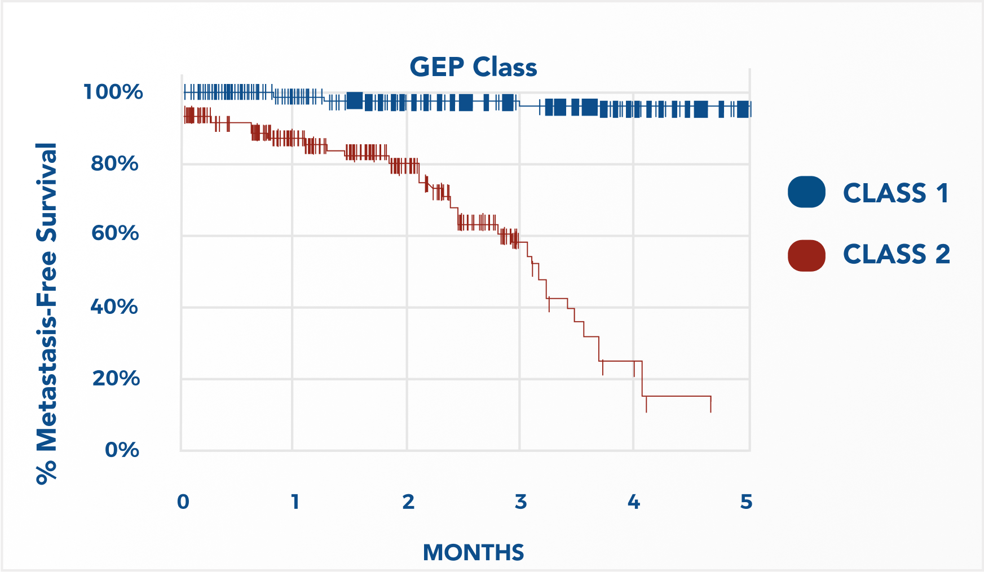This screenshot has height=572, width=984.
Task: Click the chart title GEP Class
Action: point(473,67)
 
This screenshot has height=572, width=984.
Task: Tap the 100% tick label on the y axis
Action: point(113,92)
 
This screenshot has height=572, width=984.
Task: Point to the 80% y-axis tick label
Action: point(114,164)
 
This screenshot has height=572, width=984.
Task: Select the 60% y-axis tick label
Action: point(115,233)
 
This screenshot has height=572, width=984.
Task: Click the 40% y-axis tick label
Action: point(114,307)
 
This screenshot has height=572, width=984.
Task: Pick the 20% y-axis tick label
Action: point(116,378)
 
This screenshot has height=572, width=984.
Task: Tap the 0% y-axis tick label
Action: point(122,450)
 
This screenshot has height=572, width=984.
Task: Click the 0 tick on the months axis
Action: point(183,502)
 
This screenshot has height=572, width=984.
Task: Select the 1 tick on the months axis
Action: point(295,502)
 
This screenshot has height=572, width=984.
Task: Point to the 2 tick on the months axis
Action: point(408,502)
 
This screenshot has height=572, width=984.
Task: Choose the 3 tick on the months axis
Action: point(520,502)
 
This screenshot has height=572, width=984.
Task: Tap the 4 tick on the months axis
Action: point(634,502)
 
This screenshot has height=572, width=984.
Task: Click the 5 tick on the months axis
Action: point(746,502)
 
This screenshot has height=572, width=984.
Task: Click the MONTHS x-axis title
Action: point(473,553)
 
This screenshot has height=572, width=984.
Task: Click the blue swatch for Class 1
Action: point(806,192)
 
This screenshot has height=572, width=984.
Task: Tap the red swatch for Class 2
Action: point(806,255)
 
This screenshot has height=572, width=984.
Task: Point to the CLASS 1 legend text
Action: point(895,193)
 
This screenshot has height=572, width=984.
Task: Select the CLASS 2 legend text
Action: point(896,254)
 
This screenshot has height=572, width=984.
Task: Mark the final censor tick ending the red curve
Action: point(711,404)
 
